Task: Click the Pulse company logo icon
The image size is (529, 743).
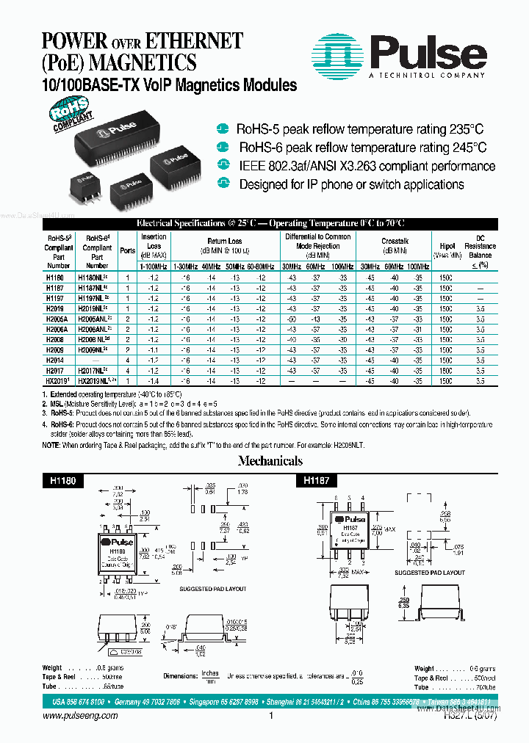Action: click(337, 54)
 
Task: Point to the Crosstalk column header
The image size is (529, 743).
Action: click(395, 241)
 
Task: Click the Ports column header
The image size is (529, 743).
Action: click(127, 250)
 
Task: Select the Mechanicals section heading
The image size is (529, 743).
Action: click(270, 461)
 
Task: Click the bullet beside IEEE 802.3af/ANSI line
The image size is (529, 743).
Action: click(226, 166)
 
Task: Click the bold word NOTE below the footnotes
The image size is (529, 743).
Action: click(51, 445)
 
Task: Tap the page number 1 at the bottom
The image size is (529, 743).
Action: click(271, 716)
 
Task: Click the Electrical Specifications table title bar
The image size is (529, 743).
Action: click(270, 223)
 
